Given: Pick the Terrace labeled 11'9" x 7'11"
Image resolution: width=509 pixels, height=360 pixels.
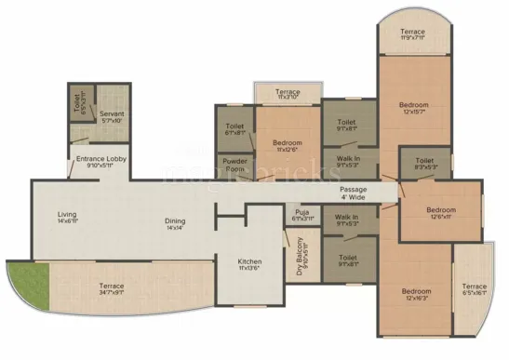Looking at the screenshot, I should pyautogui.click(x=413, y=34).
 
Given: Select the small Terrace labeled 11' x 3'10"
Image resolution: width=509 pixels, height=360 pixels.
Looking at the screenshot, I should pyautogui.click(x=288, y=96).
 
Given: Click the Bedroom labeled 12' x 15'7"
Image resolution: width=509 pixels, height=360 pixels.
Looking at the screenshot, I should pyautogui.click(x=413, y=110).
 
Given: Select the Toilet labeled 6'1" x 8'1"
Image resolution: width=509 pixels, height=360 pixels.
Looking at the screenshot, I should pyautogui.click(x=234, y=129).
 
